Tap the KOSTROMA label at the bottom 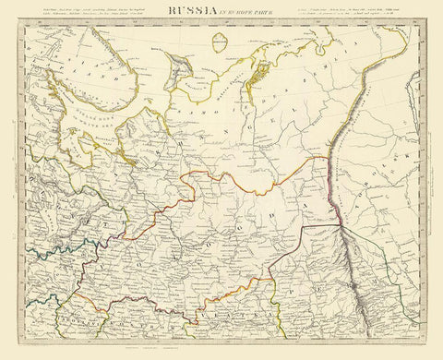pyautogui.click(x=120, y=318)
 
